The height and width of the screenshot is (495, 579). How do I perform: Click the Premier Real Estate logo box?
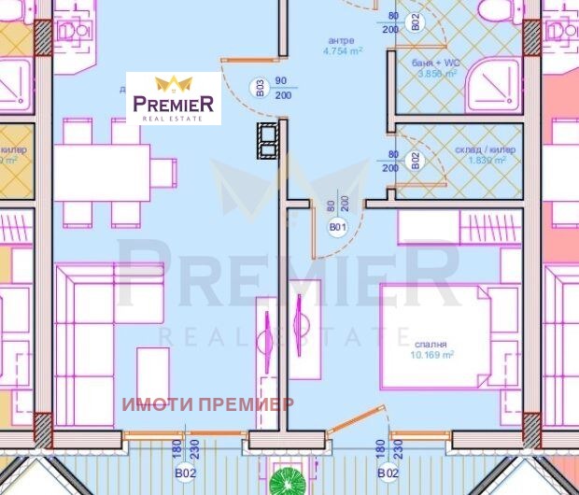coord(174,98)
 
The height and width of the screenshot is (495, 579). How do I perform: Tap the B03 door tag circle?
coord(261,89)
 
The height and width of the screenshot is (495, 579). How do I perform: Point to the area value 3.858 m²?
coord(436,74)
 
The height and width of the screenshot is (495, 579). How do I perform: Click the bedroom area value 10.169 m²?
coord(431,355)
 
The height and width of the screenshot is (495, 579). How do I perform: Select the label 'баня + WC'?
coord(433,62)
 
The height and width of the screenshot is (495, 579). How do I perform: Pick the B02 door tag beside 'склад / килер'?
coord(415,160)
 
